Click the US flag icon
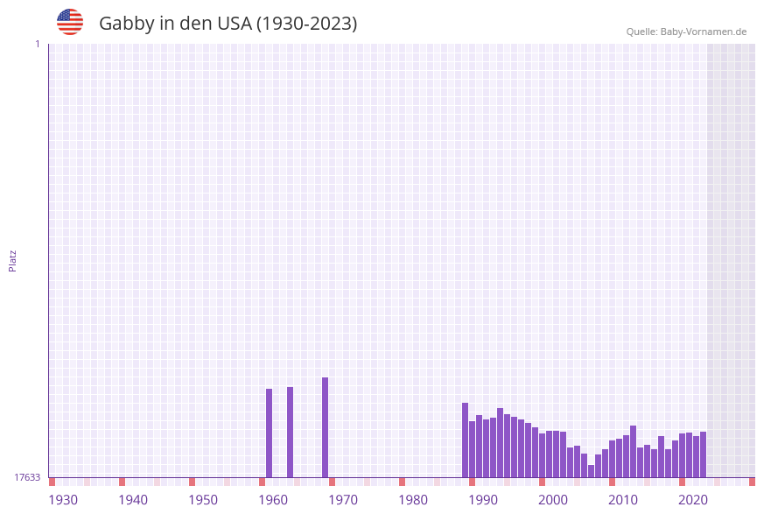click(70, 22)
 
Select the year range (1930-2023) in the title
click(306, 24)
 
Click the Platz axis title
click(13, 260)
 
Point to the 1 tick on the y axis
click(37, 44)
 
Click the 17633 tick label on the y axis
click(27, 477)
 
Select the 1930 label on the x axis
click(63, 500)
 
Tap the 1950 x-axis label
click(203, 500)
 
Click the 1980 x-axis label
click(413, 500)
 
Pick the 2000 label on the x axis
click(553, 500)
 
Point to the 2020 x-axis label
click(693, 500)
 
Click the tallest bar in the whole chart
click(325, 427)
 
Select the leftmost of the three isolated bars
click(269, 433)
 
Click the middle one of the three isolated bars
click(290, 432)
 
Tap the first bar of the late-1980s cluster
click(465, 440)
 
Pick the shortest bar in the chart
click(591, 471)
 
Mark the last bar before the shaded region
click(703, 454)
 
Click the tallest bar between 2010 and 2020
click(633, 451)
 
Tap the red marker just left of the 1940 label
click(122, 482)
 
